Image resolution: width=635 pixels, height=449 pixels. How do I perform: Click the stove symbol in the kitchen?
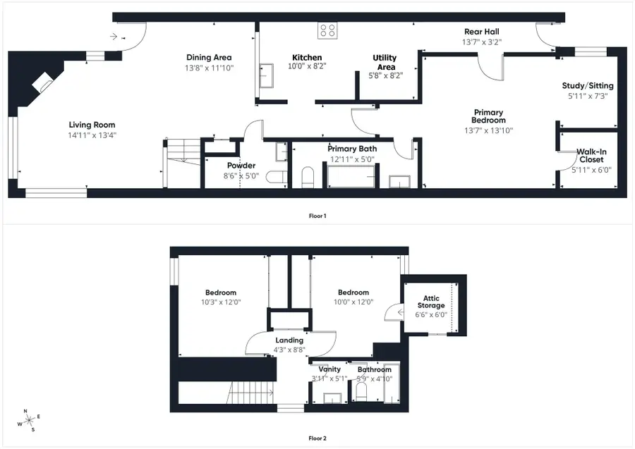click(x=328, y=30)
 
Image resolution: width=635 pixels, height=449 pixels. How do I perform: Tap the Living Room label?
click(x=92, y=125)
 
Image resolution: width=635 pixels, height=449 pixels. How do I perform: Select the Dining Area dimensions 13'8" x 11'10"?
click(x=209, y=68)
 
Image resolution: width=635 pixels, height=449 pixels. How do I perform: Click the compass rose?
click(x=30, y=420)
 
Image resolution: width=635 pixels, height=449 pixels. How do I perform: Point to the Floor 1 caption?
click(x=317, y=216)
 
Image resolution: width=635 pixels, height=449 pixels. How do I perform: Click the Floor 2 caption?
click(x=317, y=438)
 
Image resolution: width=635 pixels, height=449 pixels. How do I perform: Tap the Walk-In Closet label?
click(x=591, y=156)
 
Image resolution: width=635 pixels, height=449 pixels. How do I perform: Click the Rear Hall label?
click(x=483, y=32)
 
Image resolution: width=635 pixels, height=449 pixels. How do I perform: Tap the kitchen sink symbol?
click(x=267, y=75)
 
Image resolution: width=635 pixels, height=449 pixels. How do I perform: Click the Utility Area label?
click(x=385, y=62)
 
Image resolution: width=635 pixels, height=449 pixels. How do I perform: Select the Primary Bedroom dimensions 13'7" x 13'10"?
click(x=488, y=130)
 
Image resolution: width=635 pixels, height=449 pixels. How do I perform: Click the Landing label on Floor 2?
click(x=289, y=340)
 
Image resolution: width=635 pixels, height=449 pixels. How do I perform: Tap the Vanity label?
click(x=329, y=369)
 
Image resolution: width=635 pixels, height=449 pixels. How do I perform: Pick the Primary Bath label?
click(x=351, y=149)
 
